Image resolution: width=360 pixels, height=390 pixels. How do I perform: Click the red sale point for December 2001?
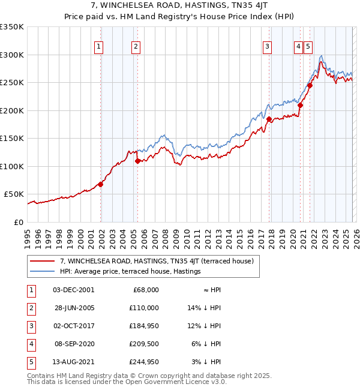(x=101, y=184)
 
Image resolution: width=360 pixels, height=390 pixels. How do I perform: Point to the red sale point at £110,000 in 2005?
(x=138, y=161)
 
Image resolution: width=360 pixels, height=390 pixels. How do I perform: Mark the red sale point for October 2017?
(x=269, y=119)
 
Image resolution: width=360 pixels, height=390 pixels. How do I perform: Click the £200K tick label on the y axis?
(x=12, y=110)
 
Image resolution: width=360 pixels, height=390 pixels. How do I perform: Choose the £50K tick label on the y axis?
(x=14, y=194)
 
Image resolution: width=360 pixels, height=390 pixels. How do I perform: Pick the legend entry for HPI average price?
(x=130, y=272)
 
